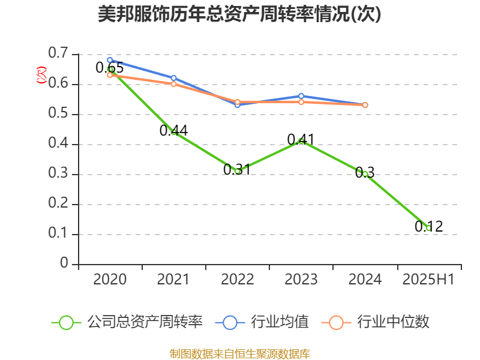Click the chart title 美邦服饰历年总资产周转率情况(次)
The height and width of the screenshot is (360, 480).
pos(239,14)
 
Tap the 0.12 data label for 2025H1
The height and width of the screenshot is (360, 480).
pos(428,227)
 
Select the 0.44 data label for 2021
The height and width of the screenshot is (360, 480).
pos(173,130)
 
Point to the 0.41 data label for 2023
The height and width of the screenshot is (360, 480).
pos(301,140)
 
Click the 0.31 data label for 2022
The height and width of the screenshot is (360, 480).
pos(236,170)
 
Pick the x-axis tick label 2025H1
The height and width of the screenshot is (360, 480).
pos(428,280)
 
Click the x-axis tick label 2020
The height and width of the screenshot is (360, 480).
pos(110,280)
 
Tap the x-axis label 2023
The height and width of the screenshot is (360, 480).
pos(301,280)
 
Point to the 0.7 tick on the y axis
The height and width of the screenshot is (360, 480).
pos(59,54)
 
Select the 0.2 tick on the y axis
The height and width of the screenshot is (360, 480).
pos(59,204)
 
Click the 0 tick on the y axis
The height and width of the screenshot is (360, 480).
pos(64,264)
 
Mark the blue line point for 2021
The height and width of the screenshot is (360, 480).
pos(173,78)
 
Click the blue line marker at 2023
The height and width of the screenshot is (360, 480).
pos(301,96)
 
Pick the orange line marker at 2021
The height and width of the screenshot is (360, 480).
pos(173,84)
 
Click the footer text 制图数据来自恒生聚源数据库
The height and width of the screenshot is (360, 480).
pos(239,353)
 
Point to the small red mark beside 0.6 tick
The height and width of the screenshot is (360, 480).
pos(41,75)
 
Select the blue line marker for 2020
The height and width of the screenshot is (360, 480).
pos(110,60)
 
